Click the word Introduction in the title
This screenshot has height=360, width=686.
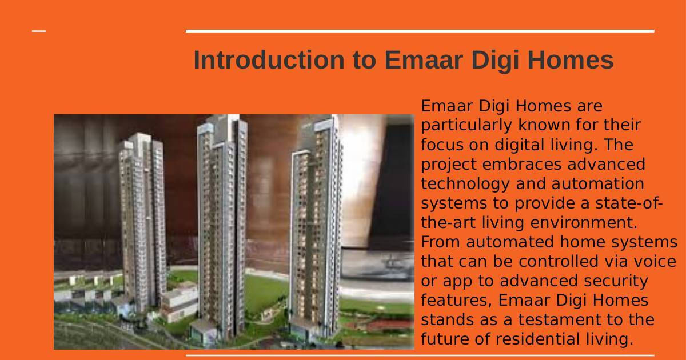[269, 60]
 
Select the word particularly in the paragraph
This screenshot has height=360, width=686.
[466, 126]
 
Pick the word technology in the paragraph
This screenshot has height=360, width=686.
[465, 184]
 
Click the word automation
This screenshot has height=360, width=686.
[598, 184]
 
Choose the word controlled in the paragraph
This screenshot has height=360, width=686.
[559, 262]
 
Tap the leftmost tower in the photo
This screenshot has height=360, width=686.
[142, 221]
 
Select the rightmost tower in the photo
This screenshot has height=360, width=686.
[316, 226]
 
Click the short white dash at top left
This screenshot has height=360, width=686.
[39, 31]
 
